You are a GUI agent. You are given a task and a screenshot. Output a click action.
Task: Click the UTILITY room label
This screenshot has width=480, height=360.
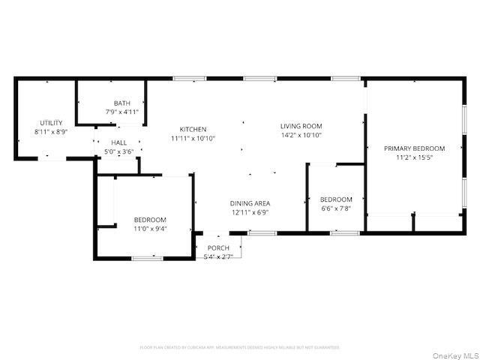pyautogui.click(x=51, y=123)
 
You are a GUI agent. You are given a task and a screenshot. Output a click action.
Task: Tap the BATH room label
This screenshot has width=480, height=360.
pyautogui.click(x=121, y=103)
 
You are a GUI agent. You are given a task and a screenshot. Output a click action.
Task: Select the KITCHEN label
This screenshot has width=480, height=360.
pyautogui.click(x=193, y=130)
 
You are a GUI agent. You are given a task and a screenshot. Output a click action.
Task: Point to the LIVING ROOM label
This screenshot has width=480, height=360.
pyautogui.click(x=301, y=126)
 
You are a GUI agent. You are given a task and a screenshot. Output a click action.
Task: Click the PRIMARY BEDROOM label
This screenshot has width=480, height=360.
pyautogui.click(x=414, y=148)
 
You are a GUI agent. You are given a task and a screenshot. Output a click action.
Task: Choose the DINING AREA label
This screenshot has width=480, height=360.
pyautogui.click(x=250, y=203)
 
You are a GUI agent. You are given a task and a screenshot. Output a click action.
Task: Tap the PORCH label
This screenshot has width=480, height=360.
pyautogui.click(x=218, y=248)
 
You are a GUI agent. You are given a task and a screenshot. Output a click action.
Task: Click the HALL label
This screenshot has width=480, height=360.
pyautogui.click(x=119, y=142)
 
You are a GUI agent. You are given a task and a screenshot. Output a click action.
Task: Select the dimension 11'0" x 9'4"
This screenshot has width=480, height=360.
pyautogui.click(x=150, y=228)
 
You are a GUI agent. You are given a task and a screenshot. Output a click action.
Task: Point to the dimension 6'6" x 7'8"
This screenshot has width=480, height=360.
pyautogui.click(x=336, y=208)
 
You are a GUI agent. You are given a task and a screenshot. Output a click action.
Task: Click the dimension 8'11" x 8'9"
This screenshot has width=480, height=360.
pyautogui.click(x=51, y=132)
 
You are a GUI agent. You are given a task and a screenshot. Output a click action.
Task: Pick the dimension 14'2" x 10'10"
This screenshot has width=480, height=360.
pyautogui.click(x=301, y=135)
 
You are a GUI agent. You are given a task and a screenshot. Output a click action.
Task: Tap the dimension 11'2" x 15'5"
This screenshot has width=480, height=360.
pyautogui.click(x=414, y=157)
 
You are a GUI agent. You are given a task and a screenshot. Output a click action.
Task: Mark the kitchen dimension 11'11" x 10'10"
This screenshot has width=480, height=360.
pyautogui.click(x=193, y=139)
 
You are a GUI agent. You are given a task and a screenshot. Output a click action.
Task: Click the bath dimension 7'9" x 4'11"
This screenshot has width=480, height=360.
pyautogui.click(x=121, y=112)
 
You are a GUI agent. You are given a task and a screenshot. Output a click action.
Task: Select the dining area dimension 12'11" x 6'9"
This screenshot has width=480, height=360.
pyautogui.click(x=250, y=212)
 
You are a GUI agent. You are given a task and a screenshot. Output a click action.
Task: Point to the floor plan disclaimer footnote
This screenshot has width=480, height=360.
pyautogui.click(x=239, y=347)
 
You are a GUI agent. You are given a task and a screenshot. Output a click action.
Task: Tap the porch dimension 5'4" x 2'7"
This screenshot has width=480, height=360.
pyautogui.click(x=218, y=256)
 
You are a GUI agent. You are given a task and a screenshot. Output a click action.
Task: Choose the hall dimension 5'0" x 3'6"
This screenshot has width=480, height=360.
pyautogui.click(x=118, y=151)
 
